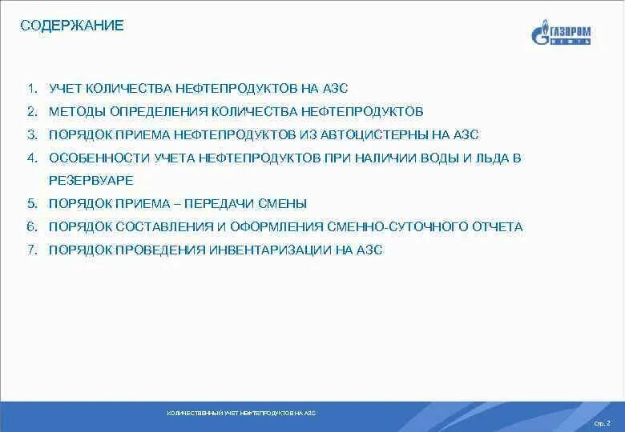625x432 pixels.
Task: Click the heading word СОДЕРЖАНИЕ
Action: click(72, 26)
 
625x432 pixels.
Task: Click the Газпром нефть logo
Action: click(561, 35)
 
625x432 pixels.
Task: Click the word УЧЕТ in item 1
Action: click(65, 88)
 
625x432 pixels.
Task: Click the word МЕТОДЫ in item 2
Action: click(76, 111)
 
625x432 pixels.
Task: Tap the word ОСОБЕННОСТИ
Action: click(97, 158)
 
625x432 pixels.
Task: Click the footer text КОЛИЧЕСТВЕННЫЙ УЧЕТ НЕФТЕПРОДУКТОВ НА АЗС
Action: click(241, 414)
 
